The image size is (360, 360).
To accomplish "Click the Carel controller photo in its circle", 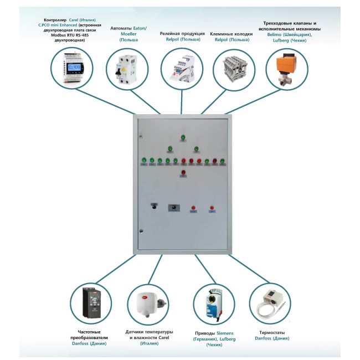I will (x=73, y=69).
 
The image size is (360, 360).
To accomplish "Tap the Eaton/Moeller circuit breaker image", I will (x=127, y=68).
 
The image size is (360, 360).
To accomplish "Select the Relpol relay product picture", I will (x=182, y=69).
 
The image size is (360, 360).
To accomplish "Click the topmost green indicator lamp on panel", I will (x=183, y=137).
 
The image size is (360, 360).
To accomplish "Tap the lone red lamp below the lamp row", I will (x=183, y=173).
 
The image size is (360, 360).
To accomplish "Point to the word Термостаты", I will (x=271, y=332).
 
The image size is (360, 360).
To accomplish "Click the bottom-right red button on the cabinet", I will (x=212, y=207).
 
